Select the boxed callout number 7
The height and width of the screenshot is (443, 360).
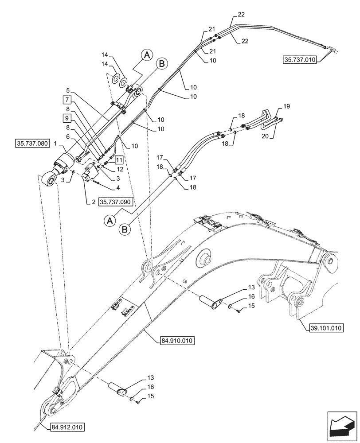pos(67,99)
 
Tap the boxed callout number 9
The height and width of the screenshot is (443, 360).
pos(67,118)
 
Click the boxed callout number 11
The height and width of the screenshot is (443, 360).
pos(118,159)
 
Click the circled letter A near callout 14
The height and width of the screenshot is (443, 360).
pos(147,54)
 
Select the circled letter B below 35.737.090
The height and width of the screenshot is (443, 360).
pos(125,229)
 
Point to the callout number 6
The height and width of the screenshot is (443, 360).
pos(68,136)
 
